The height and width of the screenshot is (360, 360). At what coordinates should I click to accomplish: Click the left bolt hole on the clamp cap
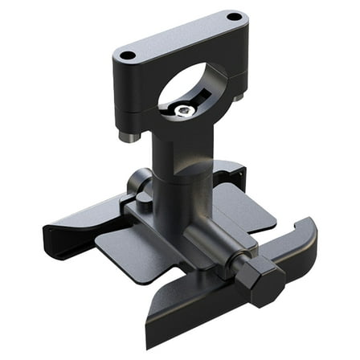click(x=127, y=55)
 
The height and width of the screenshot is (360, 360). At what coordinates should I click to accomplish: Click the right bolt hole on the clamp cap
click(x=233, y=16)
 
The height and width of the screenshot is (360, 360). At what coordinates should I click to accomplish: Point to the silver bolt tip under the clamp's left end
click(x=126, y=136)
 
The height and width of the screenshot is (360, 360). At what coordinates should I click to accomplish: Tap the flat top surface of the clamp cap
click(x=180, y=36)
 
